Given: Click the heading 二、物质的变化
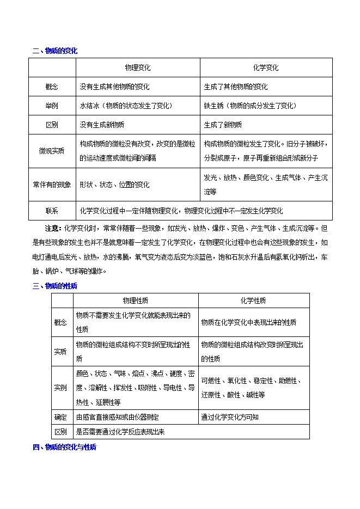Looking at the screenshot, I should click(x=55, y=51).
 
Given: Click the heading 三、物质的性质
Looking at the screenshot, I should click(x=55, y=285).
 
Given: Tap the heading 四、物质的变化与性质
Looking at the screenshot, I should click(x=64, y=447).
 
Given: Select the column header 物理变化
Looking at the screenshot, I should click(x=137, y=68).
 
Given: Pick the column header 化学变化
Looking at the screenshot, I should click(x=266, y=68).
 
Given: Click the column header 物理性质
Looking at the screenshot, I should click(x=136, y=301).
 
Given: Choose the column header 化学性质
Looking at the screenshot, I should click(x=253, y=301).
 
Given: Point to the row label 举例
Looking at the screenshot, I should click(x=52, y=106).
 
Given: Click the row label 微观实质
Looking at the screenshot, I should click(x=52, y=151).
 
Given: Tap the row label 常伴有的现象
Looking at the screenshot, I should click(x=52, y=185).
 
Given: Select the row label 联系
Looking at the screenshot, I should click(x=52, y=211).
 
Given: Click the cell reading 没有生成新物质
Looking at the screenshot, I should click(x=102, y=125).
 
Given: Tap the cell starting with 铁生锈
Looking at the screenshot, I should click(x=250, y=106).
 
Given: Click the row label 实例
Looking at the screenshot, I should click(x=60, y=388).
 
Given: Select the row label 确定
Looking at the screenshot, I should click(x=60, y=417).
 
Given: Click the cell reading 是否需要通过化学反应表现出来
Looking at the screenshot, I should click(x=120, y=432).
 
